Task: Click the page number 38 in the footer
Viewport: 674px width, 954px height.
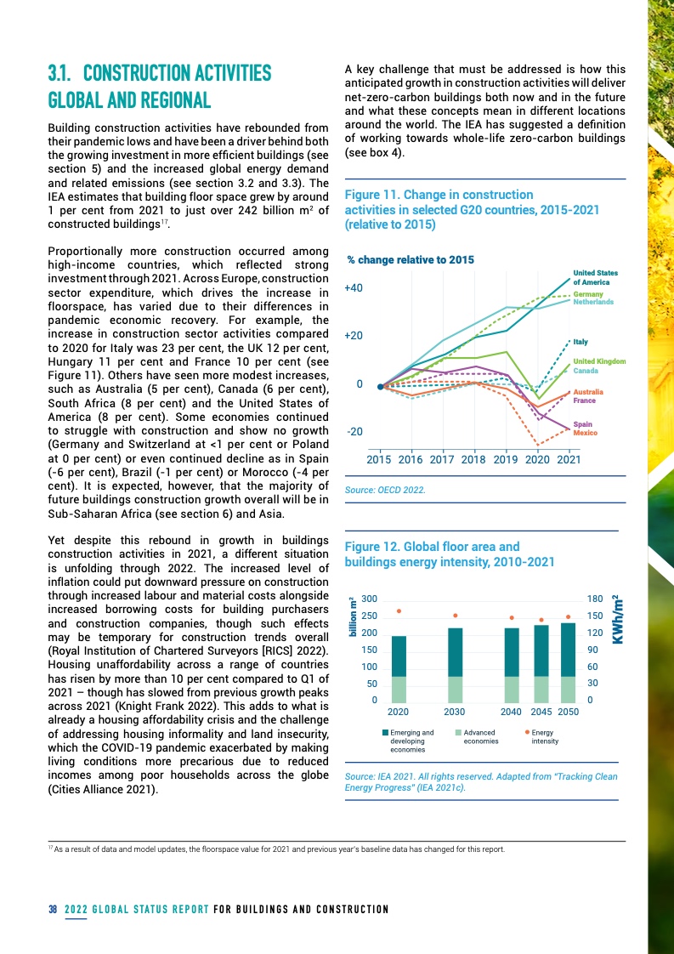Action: pyautogui.click(x=52, y=910)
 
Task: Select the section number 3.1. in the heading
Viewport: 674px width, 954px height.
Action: pyautogui.click(x=68, y=73)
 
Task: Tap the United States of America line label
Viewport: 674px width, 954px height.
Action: pyautogui.click(x=595, y=277)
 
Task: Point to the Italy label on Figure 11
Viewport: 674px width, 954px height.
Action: pyautogui.click(x=581, y=342)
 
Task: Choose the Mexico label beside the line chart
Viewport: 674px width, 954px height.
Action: pyautogui.click(x=585, y=434)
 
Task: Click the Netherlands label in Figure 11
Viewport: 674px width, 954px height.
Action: pyautogui.click(x=593, y=302)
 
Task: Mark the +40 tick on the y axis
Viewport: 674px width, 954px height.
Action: pyautogui.click(x=354, y=288)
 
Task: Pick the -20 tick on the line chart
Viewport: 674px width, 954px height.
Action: pyautogui.click(x=355, y=432)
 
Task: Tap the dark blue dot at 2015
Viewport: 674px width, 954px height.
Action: pyautogui.click(x=380, y=386)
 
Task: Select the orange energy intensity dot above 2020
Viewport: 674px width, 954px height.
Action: pyautogui.click(x=399, y=610)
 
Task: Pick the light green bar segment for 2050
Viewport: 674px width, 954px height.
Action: pyautogui.click(x=568, y=689)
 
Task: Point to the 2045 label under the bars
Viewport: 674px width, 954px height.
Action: pyautogui.click(x=541, y=712)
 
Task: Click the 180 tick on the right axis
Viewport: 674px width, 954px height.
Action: pyautogui.click(x=596, y=599)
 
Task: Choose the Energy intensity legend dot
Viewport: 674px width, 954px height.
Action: pyautogui.click(x=528, y=731)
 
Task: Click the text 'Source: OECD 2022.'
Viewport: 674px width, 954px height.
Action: pyautogui.click(x=384, y=491)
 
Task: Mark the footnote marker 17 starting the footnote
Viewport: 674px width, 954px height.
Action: pyautogui.click(x=49, y=848)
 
